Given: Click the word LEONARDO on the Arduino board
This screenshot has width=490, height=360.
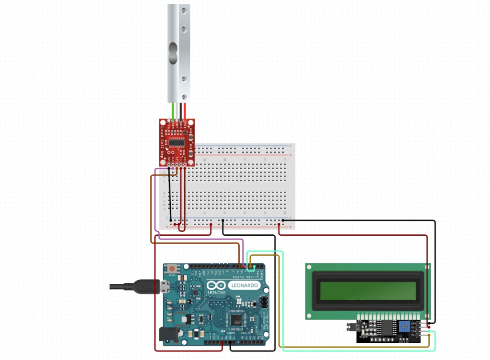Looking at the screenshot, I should (x=246, y=285).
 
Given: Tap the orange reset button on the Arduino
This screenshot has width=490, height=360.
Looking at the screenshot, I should (x=171, y=269).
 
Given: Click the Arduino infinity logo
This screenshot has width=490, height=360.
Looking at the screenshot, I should (x=214, y=286).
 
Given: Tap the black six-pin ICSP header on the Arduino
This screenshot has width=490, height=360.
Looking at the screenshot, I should (x=263, y=302).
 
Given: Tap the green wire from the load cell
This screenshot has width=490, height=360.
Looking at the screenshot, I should (x=173, y=110).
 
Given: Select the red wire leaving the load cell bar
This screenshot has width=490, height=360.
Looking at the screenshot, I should (x=185, y=110).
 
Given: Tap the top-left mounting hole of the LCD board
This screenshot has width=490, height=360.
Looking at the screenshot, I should (x=310, y=267).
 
